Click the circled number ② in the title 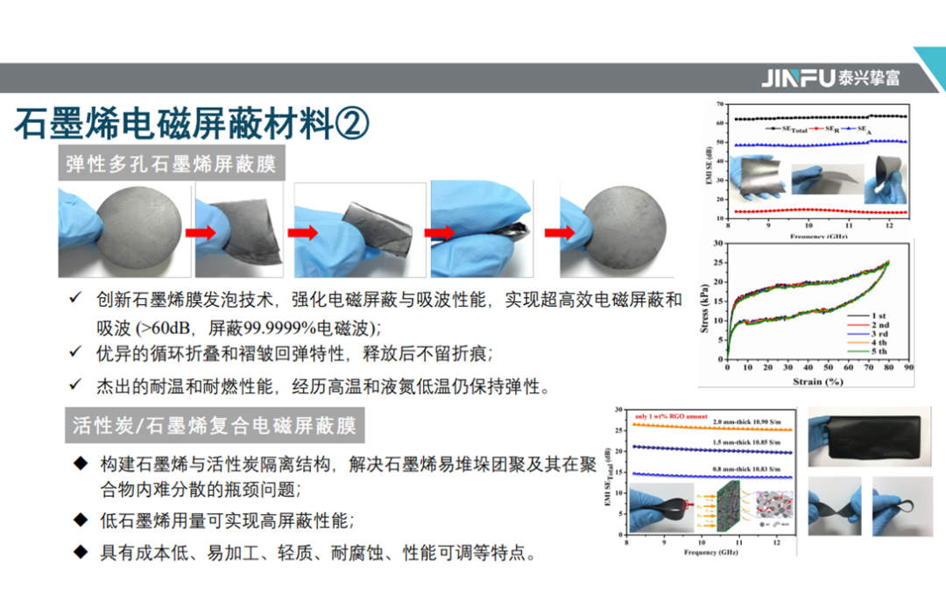(352, 124)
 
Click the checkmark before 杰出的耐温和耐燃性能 (76, 385)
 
